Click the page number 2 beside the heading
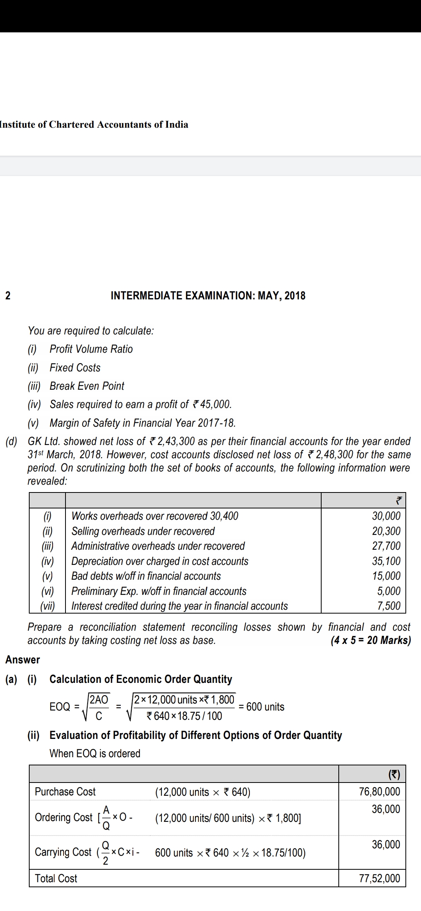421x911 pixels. point(8,295)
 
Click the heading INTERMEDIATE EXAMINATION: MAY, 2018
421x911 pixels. point(208,295)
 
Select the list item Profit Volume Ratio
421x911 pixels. point(91,349)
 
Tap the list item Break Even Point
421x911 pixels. point(87,386)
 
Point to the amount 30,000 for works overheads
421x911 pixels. point(386,516)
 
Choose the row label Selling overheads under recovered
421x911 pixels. point(143,531)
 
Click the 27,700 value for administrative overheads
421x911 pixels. point(386,546)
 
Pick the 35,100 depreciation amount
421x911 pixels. point(386,561)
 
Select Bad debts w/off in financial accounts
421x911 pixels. point(146,576)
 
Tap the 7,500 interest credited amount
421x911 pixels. point(389,606)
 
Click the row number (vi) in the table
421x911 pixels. point(48,591)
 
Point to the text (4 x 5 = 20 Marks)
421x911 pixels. point(370,640)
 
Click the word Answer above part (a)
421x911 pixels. point(23,660)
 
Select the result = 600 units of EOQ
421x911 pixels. point(262,707)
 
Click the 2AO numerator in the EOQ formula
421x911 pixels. point(99,699)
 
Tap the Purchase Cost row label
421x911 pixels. point(65,791)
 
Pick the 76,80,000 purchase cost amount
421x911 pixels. point(379,791)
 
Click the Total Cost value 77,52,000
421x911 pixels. point(379,878)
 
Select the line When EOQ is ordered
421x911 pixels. point(95,753)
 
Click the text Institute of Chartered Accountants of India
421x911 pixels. point(94,125)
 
